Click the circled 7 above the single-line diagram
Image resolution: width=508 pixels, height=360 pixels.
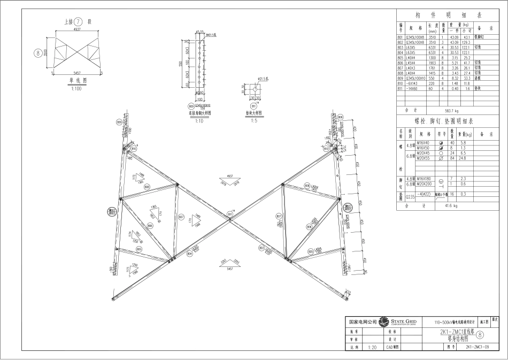tap(78, 22)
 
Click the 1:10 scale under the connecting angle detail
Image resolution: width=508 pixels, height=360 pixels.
tap(199, 121)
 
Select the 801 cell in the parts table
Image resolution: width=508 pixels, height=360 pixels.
tap(400, 37)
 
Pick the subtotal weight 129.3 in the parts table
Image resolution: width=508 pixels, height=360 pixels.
tap(466, 42)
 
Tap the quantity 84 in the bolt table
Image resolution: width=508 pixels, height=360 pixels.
tap(452, 158)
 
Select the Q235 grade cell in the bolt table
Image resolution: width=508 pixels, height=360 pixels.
tap(410, 195)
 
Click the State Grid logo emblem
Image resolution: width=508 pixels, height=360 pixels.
tap(383, 322)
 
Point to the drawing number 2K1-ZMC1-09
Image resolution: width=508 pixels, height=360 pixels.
tap(478, 347)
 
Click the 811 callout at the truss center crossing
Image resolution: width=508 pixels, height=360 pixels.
tap(230, 214)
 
